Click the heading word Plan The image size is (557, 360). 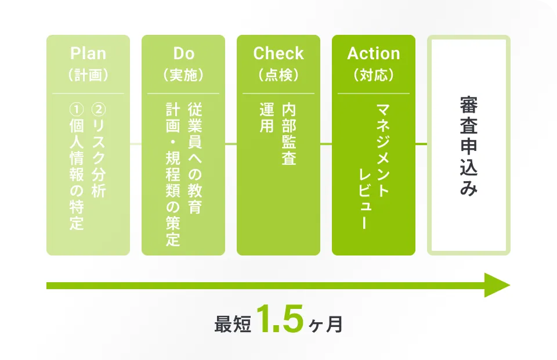click(88, 53)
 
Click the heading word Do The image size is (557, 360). click(184, 53)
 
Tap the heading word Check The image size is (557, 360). click(278, 53)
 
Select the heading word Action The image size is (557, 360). click(374, 53)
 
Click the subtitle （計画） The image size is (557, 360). click(88, 75)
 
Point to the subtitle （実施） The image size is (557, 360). click(183, 75)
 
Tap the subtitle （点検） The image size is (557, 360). click(278, 75)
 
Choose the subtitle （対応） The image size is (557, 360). click(374, 75)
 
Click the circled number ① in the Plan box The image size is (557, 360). click(77, 110)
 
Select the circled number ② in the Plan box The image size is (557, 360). click(99, 110)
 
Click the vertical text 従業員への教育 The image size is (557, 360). click(195, 158)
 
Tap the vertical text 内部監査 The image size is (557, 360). click(289, 134)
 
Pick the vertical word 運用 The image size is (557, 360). click(267, 118)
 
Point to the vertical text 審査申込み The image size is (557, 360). click(469, 146)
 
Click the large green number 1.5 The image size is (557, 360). click(280, 319)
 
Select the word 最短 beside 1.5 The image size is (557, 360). click(233, 324)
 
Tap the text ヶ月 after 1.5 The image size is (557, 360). click(325, 324)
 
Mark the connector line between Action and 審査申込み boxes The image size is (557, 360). click(421, 144)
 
